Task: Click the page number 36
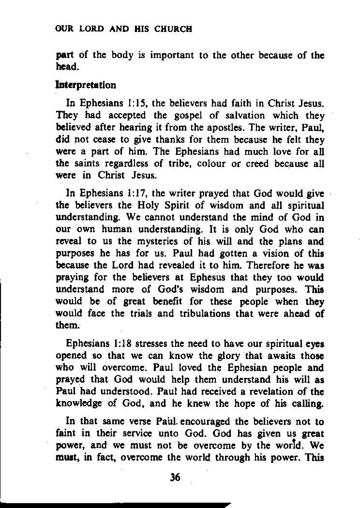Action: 175,478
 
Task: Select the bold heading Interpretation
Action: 86,86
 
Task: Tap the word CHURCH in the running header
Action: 173,29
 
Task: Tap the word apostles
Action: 214,127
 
